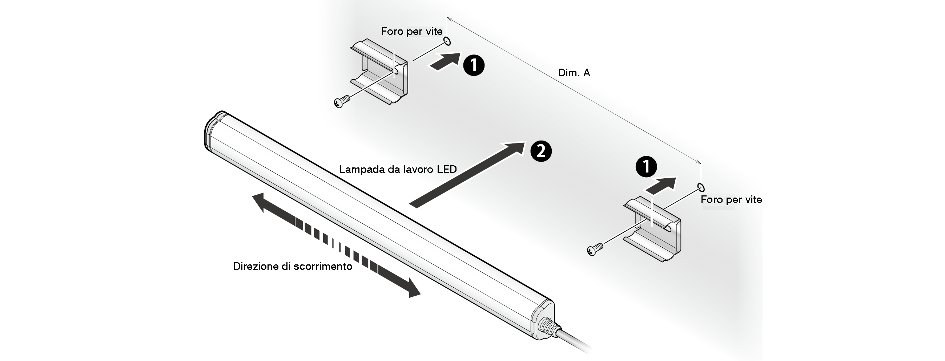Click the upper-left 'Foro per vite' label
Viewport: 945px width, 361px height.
[x=411, y=32]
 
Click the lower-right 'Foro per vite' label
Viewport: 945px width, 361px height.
[x=731, y=200]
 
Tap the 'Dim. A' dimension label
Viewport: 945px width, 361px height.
[x=574, y=73]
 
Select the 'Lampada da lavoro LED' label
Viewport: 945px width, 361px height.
[x=398, y=169]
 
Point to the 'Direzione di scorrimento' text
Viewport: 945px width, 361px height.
[x=293, y=266]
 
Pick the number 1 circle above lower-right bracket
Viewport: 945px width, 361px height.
[x=646, y=167]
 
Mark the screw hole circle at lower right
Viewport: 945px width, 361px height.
[x=701, y=187]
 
